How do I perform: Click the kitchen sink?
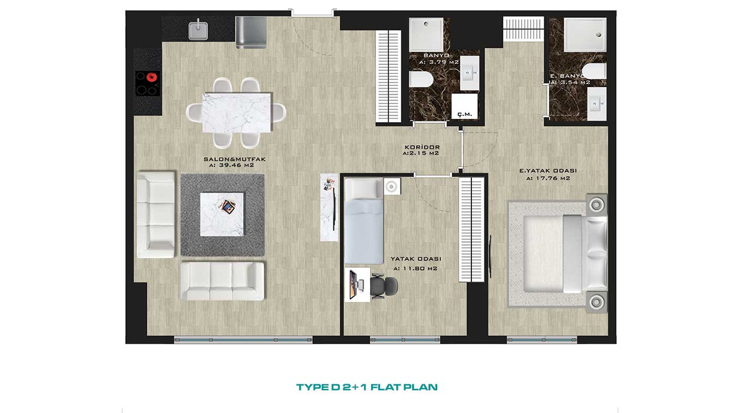pos(198,30)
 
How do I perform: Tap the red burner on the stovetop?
pos(152,77)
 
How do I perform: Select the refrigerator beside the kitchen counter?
pos(251,32)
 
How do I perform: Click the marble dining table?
pos(237,113)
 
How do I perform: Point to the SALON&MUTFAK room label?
pos(235,159)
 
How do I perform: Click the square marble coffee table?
pos(222,214)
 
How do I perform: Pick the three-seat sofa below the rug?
pos(222,281)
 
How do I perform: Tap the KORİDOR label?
pos(422,147)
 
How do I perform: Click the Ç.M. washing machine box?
pos(465,106)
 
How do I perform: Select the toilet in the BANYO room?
pos(422,79)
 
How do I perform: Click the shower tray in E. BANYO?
pos(585,35)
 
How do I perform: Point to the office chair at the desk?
pos(384,287)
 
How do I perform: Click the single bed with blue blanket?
pos(364,221)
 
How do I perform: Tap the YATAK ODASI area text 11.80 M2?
pos(415,268)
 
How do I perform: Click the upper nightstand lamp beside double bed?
pos(597,205)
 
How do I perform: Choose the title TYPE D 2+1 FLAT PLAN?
pos(367,387)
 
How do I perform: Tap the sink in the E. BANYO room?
pos(597,104)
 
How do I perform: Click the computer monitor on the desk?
pos(352,285)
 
